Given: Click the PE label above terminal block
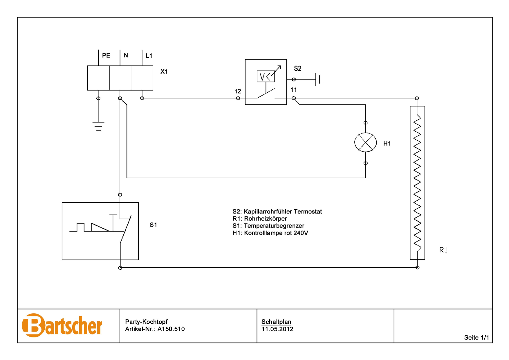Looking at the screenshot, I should pos(106,55).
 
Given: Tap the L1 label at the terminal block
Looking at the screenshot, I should pos(149,56).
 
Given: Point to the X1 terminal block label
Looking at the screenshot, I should pos(164,72).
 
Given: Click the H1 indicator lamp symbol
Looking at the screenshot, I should pos(365,142).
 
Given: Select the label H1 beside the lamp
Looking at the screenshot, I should pos(387,144).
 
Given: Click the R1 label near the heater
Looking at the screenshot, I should pos(443,250).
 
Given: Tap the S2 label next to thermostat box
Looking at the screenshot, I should pos(297,69).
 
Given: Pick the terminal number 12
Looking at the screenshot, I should pos(238,91).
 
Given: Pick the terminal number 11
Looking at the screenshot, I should pos(294,90).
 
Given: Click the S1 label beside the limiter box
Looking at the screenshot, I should pos(153,225).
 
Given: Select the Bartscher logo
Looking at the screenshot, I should pos(62,325).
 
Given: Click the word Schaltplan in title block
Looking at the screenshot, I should pos(276,322).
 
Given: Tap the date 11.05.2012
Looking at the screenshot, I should pos(277,329).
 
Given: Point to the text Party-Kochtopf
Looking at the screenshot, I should pos(146,322).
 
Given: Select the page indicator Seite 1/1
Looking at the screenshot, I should pos(476,338).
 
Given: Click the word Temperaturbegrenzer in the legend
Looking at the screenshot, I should pos(274,226).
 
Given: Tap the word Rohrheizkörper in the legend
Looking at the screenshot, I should pos(265,219).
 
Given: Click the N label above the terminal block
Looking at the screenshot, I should pos(126,55).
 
